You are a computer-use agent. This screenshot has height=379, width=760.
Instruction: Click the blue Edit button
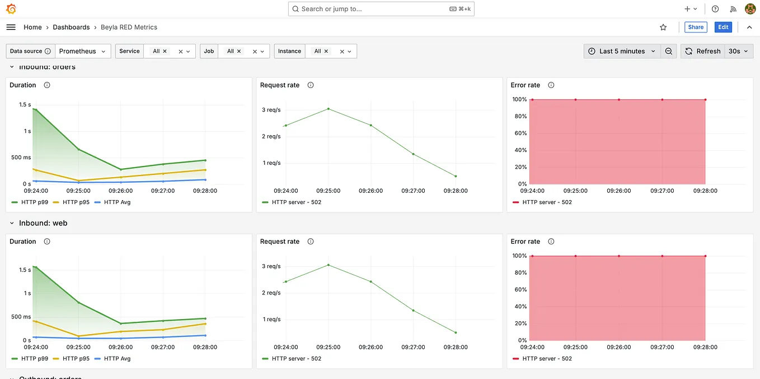point(723,27)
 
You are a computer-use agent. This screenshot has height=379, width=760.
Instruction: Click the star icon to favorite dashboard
point(663,27)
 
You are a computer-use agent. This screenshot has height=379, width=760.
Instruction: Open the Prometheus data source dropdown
point(83,51)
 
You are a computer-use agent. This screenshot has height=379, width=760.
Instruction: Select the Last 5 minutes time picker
point(622,51)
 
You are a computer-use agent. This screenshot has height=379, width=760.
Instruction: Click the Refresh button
point(703,51)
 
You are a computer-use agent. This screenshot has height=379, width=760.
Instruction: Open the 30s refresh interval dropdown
point(738,51)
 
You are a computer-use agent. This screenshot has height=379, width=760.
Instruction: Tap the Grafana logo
point(11,9)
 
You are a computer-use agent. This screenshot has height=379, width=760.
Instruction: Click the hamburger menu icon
point(11,27)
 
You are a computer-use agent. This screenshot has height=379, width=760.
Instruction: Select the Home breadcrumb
point(32,27)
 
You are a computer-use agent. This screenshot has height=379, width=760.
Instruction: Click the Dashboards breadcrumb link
point(71,27)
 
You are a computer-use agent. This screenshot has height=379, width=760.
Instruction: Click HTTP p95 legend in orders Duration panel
point(76,202)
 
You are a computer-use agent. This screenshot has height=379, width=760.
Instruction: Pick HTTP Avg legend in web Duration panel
point(117,358)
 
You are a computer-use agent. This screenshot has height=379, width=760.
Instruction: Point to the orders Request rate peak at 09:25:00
point(329,109)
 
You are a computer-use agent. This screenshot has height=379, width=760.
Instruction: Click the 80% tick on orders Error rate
point(519,117)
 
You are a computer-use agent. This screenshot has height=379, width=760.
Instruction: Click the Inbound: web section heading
point(43,223)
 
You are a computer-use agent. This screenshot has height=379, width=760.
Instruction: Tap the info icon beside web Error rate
point(551,242)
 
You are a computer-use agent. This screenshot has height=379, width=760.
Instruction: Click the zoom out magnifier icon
point(668,51)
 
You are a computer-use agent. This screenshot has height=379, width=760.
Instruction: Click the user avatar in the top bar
point(750,9)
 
